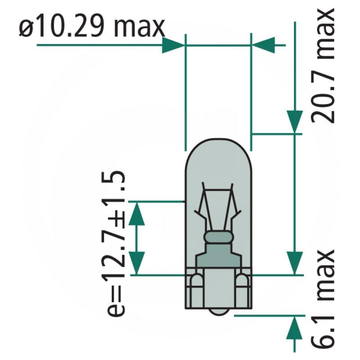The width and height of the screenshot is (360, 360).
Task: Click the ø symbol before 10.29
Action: pos(27,28)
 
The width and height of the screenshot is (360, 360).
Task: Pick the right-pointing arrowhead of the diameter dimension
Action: pos(173,45)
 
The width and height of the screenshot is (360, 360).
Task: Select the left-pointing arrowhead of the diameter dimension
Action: pos(263,45)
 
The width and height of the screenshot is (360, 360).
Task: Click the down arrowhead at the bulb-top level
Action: pos(294,121)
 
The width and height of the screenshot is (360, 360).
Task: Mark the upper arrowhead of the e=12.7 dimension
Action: pos(137,213)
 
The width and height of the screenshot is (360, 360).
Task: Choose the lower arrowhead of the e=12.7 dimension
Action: pos(137,263)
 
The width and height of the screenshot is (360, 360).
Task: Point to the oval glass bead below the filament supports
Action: pos(218,237)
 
